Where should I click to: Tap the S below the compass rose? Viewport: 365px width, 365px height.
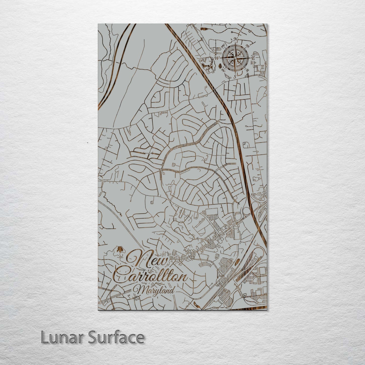234,76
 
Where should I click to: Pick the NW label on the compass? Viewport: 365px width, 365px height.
223,46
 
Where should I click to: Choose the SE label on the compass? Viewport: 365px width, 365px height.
248,70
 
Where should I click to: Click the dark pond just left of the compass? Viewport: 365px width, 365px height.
219,65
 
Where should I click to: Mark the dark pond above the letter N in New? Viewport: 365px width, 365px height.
120,250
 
